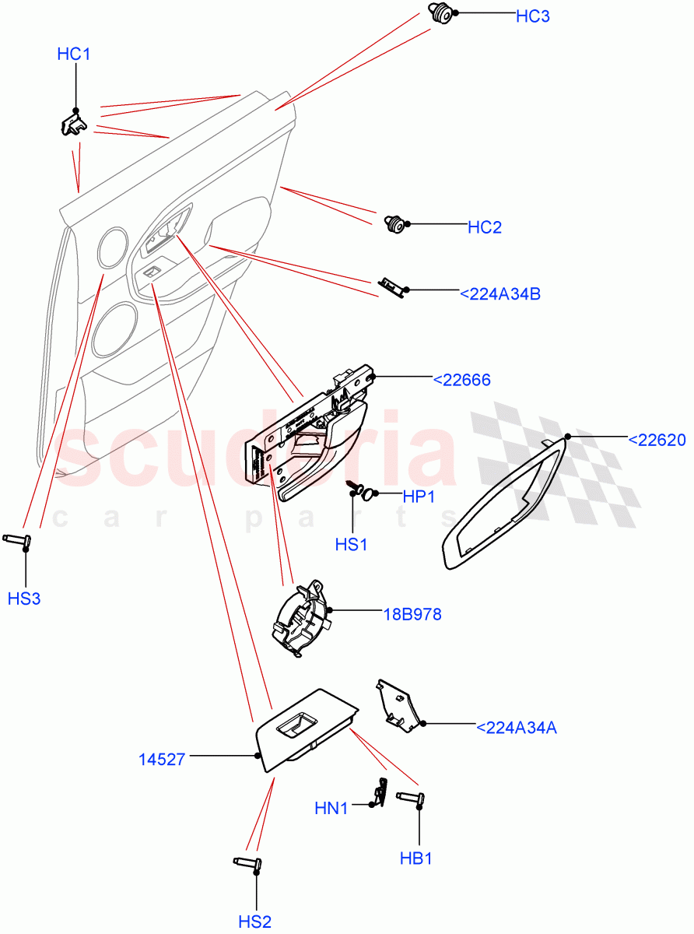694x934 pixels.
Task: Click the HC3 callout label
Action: tap(532, 16)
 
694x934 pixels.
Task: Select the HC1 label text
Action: tap(74, 54)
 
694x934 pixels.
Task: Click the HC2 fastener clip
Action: tap(397, 225)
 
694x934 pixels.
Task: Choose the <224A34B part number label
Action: tap(499, 294)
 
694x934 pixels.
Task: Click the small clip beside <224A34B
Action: tap(391, 286)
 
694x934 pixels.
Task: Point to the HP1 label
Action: tap(418, 497)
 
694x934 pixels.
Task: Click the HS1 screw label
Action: tap(351, 545)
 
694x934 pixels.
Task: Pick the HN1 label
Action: tap(331, 809)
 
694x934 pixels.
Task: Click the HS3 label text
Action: tap(24, 599)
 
